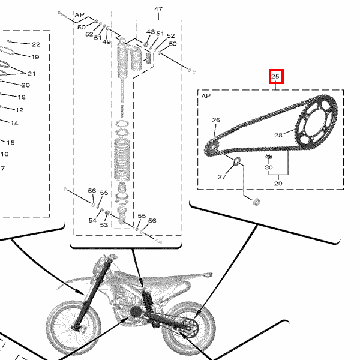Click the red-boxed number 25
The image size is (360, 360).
(x=275, y=76)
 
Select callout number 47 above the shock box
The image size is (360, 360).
(x=158, y=9)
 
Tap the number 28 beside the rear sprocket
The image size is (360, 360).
(x=278, y=135)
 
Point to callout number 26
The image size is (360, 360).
(x=216, y=120)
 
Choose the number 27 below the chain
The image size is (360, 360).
(x=222, y=177)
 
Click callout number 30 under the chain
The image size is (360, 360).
(x=269, y=167)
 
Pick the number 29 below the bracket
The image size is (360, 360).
(x=278, y=183)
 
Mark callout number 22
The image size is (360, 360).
(x=36, y=44)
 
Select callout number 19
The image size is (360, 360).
(x=35, y=57)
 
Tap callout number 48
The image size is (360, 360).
(x=151, y=32)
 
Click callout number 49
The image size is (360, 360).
(x=107, y=42)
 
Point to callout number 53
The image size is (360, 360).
(x=104, y=224)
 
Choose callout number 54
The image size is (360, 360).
(x=92, y=220)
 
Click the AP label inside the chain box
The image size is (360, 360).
(x=206, y=96)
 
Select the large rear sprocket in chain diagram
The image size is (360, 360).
(x=316, y=123)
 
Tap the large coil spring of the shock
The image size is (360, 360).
(x=122, y=159)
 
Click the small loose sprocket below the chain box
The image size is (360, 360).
(x=256, y=202)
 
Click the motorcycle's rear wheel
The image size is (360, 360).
(x=188, y=329)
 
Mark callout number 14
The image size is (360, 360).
(x=14, y=123)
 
